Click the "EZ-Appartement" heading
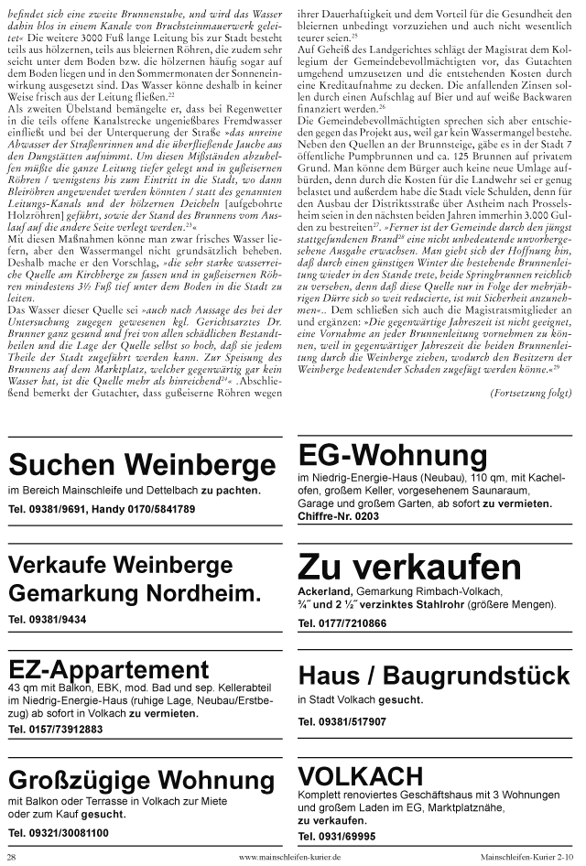tap(109, 668)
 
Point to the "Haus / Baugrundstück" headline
tap(433, 677)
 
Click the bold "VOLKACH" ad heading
tap(361, 776)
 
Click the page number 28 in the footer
tap(11, 857)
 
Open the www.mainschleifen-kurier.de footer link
tap(289, 857)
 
